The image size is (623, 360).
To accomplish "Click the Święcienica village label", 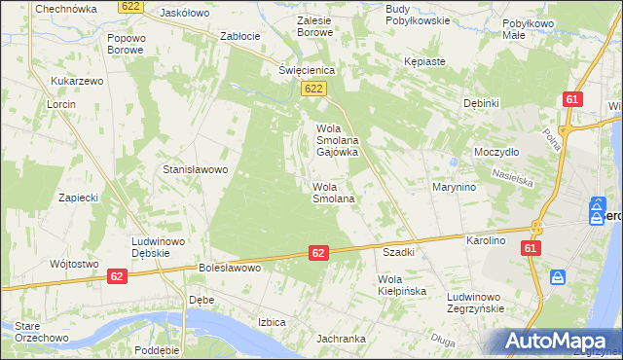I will pyautogui.click(x=307, y=70).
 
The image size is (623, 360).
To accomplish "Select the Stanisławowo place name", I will pyautogui.click(x=195, y=169).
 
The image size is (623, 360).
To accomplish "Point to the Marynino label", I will pyautogui.click(x=454, y=187).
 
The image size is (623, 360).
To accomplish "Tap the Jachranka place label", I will pyautogui.click(x=340, y=340).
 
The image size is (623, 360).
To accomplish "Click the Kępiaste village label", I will pyautogui.click(x=424, y=61).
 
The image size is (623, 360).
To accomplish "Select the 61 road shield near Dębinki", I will pyautogui.click(x=572, y=100).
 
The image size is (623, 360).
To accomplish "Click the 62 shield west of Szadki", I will pyautogui.click(x=318, y=253).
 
